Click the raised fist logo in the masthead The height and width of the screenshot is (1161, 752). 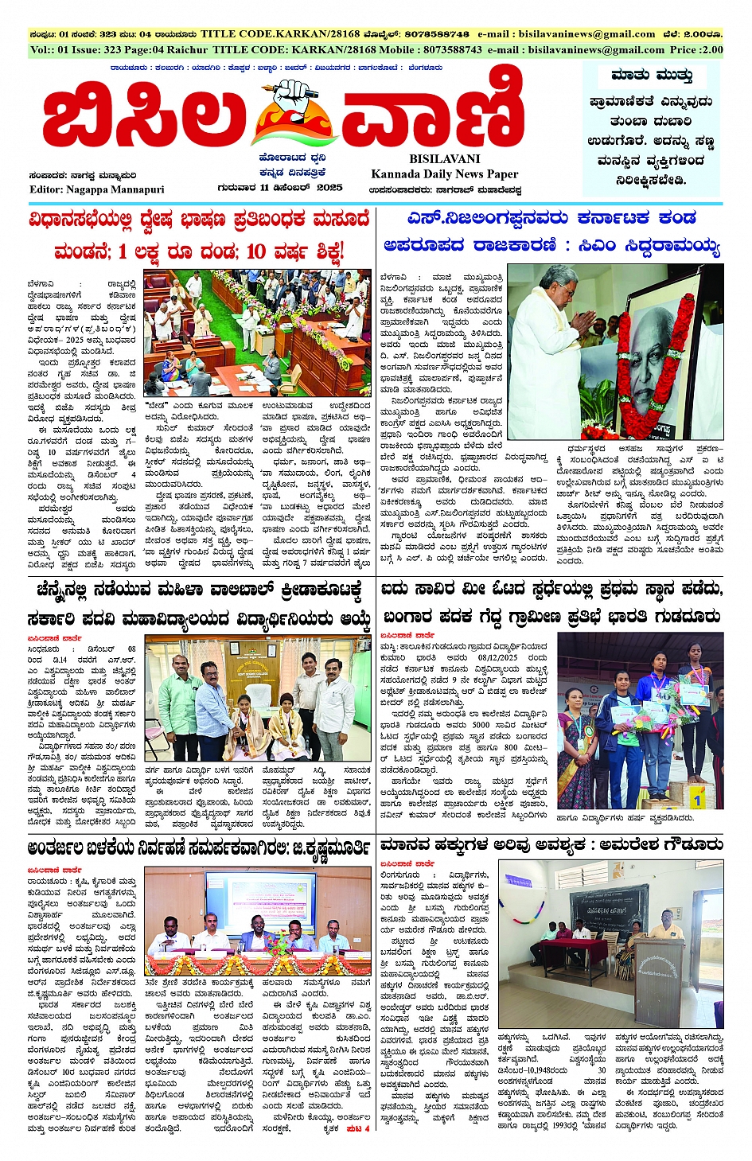[285, 112]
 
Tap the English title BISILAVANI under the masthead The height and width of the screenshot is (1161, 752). [444, 159]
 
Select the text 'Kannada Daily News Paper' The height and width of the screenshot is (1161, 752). [444, 173]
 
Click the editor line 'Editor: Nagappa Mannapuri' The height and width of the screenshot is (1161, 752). [97, 189]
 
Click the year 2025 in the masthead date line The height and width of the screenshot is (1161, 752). [329, 188]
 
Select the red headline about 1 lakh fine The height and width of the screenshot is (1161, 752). [199, 252]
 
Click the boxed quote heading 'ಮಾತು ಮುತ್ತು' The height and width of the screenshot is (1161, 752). [652, 76]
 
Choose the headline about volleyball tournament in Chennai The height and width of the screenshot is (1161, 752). [199, 591]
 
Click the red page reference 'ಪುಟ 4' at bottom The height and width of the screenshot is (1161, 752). [357, 1128]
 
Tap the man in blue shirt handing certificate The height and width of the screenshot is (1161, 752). [213, 704]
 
